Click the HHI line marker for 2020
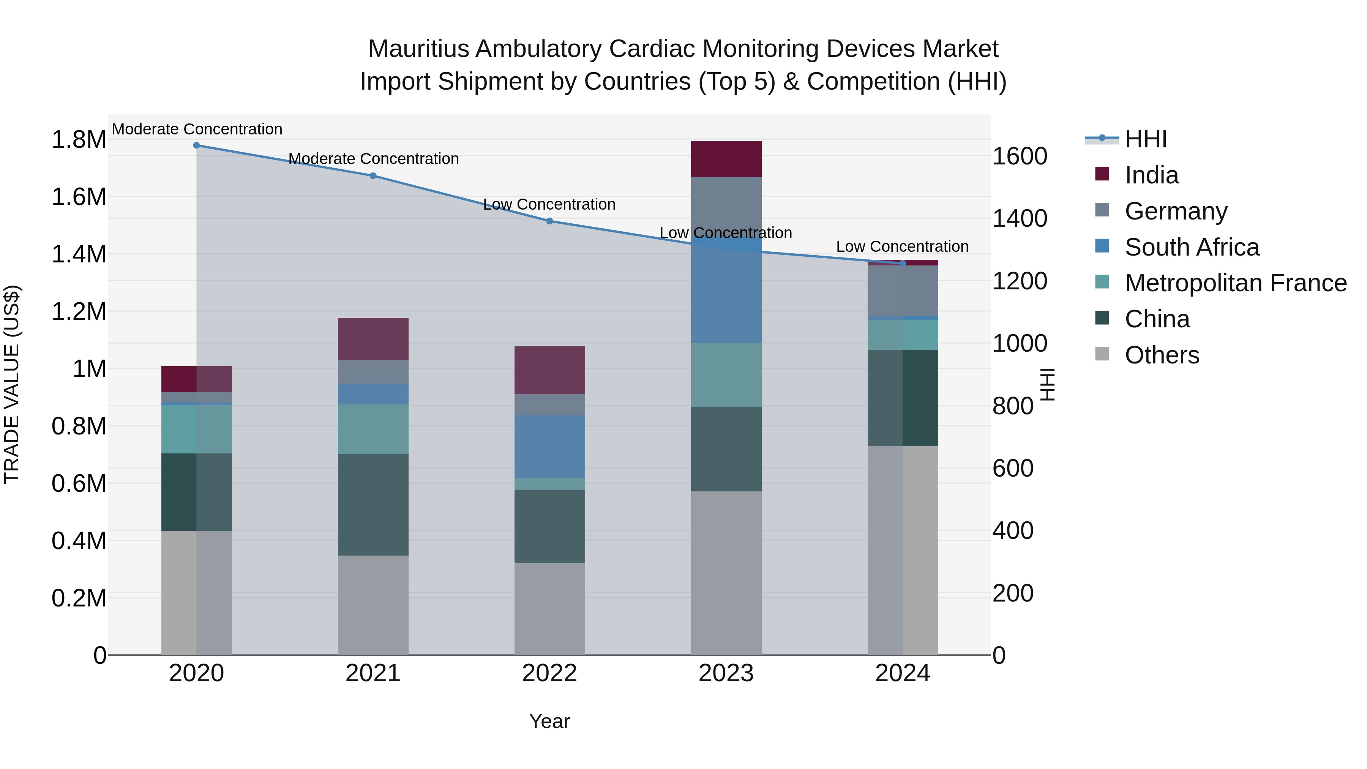tap(196, 145)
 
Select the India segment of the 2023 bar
tap(726, 159)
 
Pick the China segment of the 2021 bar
tap(373, 504)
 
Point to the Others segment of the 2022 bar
tap(549, 608)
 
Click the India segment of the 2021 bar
tap(373, 339)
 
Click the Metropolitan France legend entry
tap(1235, 283)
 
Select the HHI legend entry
tap(1145, 139)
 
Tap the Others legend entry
tap(1162, 355)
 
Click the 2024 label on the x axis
tap(902, 673)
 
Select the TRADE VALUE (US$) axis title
tap(12, 384)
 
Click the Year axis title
tap(549, 721)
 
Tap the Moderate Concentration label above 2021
tap(373, 159)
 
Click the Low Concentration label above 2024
tap(902, 246)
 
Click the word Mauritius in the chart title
tap(418, 49)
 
